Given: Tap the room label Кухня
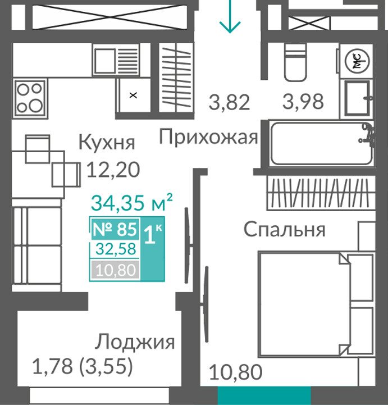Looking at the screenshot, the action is tap(107, 142).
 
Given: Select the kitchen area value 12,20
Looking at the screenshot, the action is tap(113, 170).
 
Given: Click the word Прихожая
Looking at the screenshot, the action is tap(208, 136).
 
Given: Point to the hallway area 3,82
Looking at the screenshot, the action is tap(229, 102).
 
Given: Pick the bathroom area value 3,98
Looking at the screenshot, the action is tap(303, 102).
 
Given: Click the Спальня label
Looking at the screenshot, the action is tap(285, 229).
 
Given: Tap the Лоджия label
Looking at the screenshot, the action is tap(135, 342).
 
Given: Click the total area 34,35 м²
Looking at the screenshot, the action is tap(131, 202).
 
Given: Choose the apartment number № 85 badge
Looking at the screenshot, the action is tap(115, 229).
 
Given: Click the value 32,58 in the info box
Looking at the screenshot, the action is tap(116, 249).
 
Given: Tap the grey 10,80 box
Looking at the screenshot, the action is tap(115, 270).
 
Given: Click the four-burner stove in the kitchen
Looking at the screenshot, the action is tap(30, 98).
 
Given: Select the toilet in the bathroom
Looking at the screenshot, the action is tap(295, 62).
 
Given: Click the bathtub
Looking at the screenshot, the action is tap(322, 143).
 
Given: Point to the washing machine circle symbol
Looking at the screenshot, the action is tap(357, 61).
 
